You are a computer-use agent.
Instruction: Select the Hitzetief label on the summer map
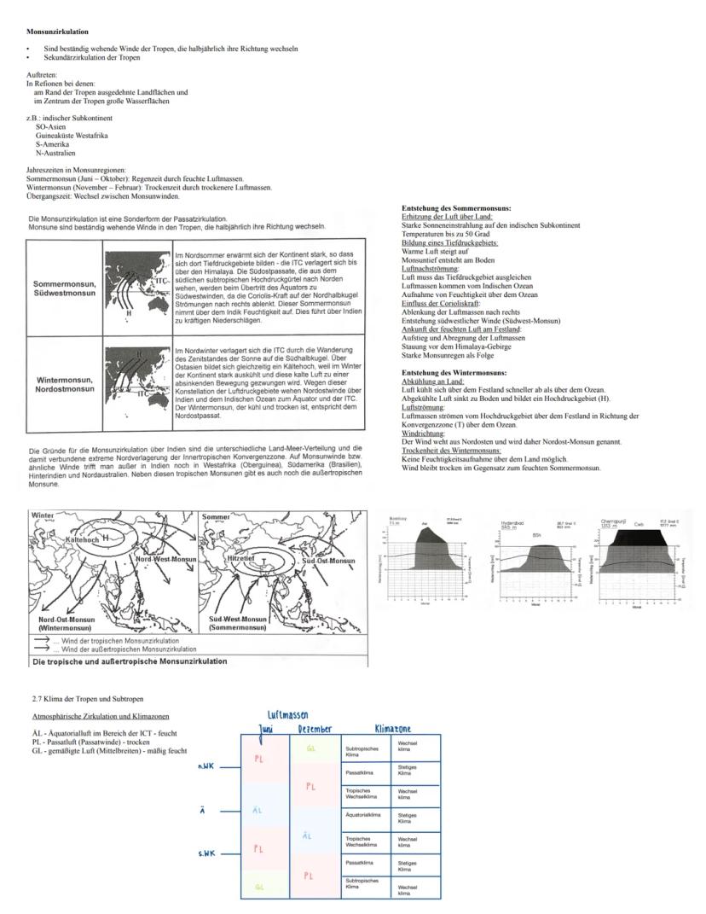point(241,556)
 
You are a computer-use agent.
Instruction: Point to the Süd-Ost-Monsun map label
point(328,561)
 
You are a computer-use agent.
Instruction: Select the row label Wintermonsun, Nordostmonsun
point(64,384)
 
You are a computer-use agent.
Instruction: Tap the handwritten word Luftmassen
point(287,714)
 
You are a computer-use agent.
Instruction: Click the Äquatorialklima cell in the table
point(363,815)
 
